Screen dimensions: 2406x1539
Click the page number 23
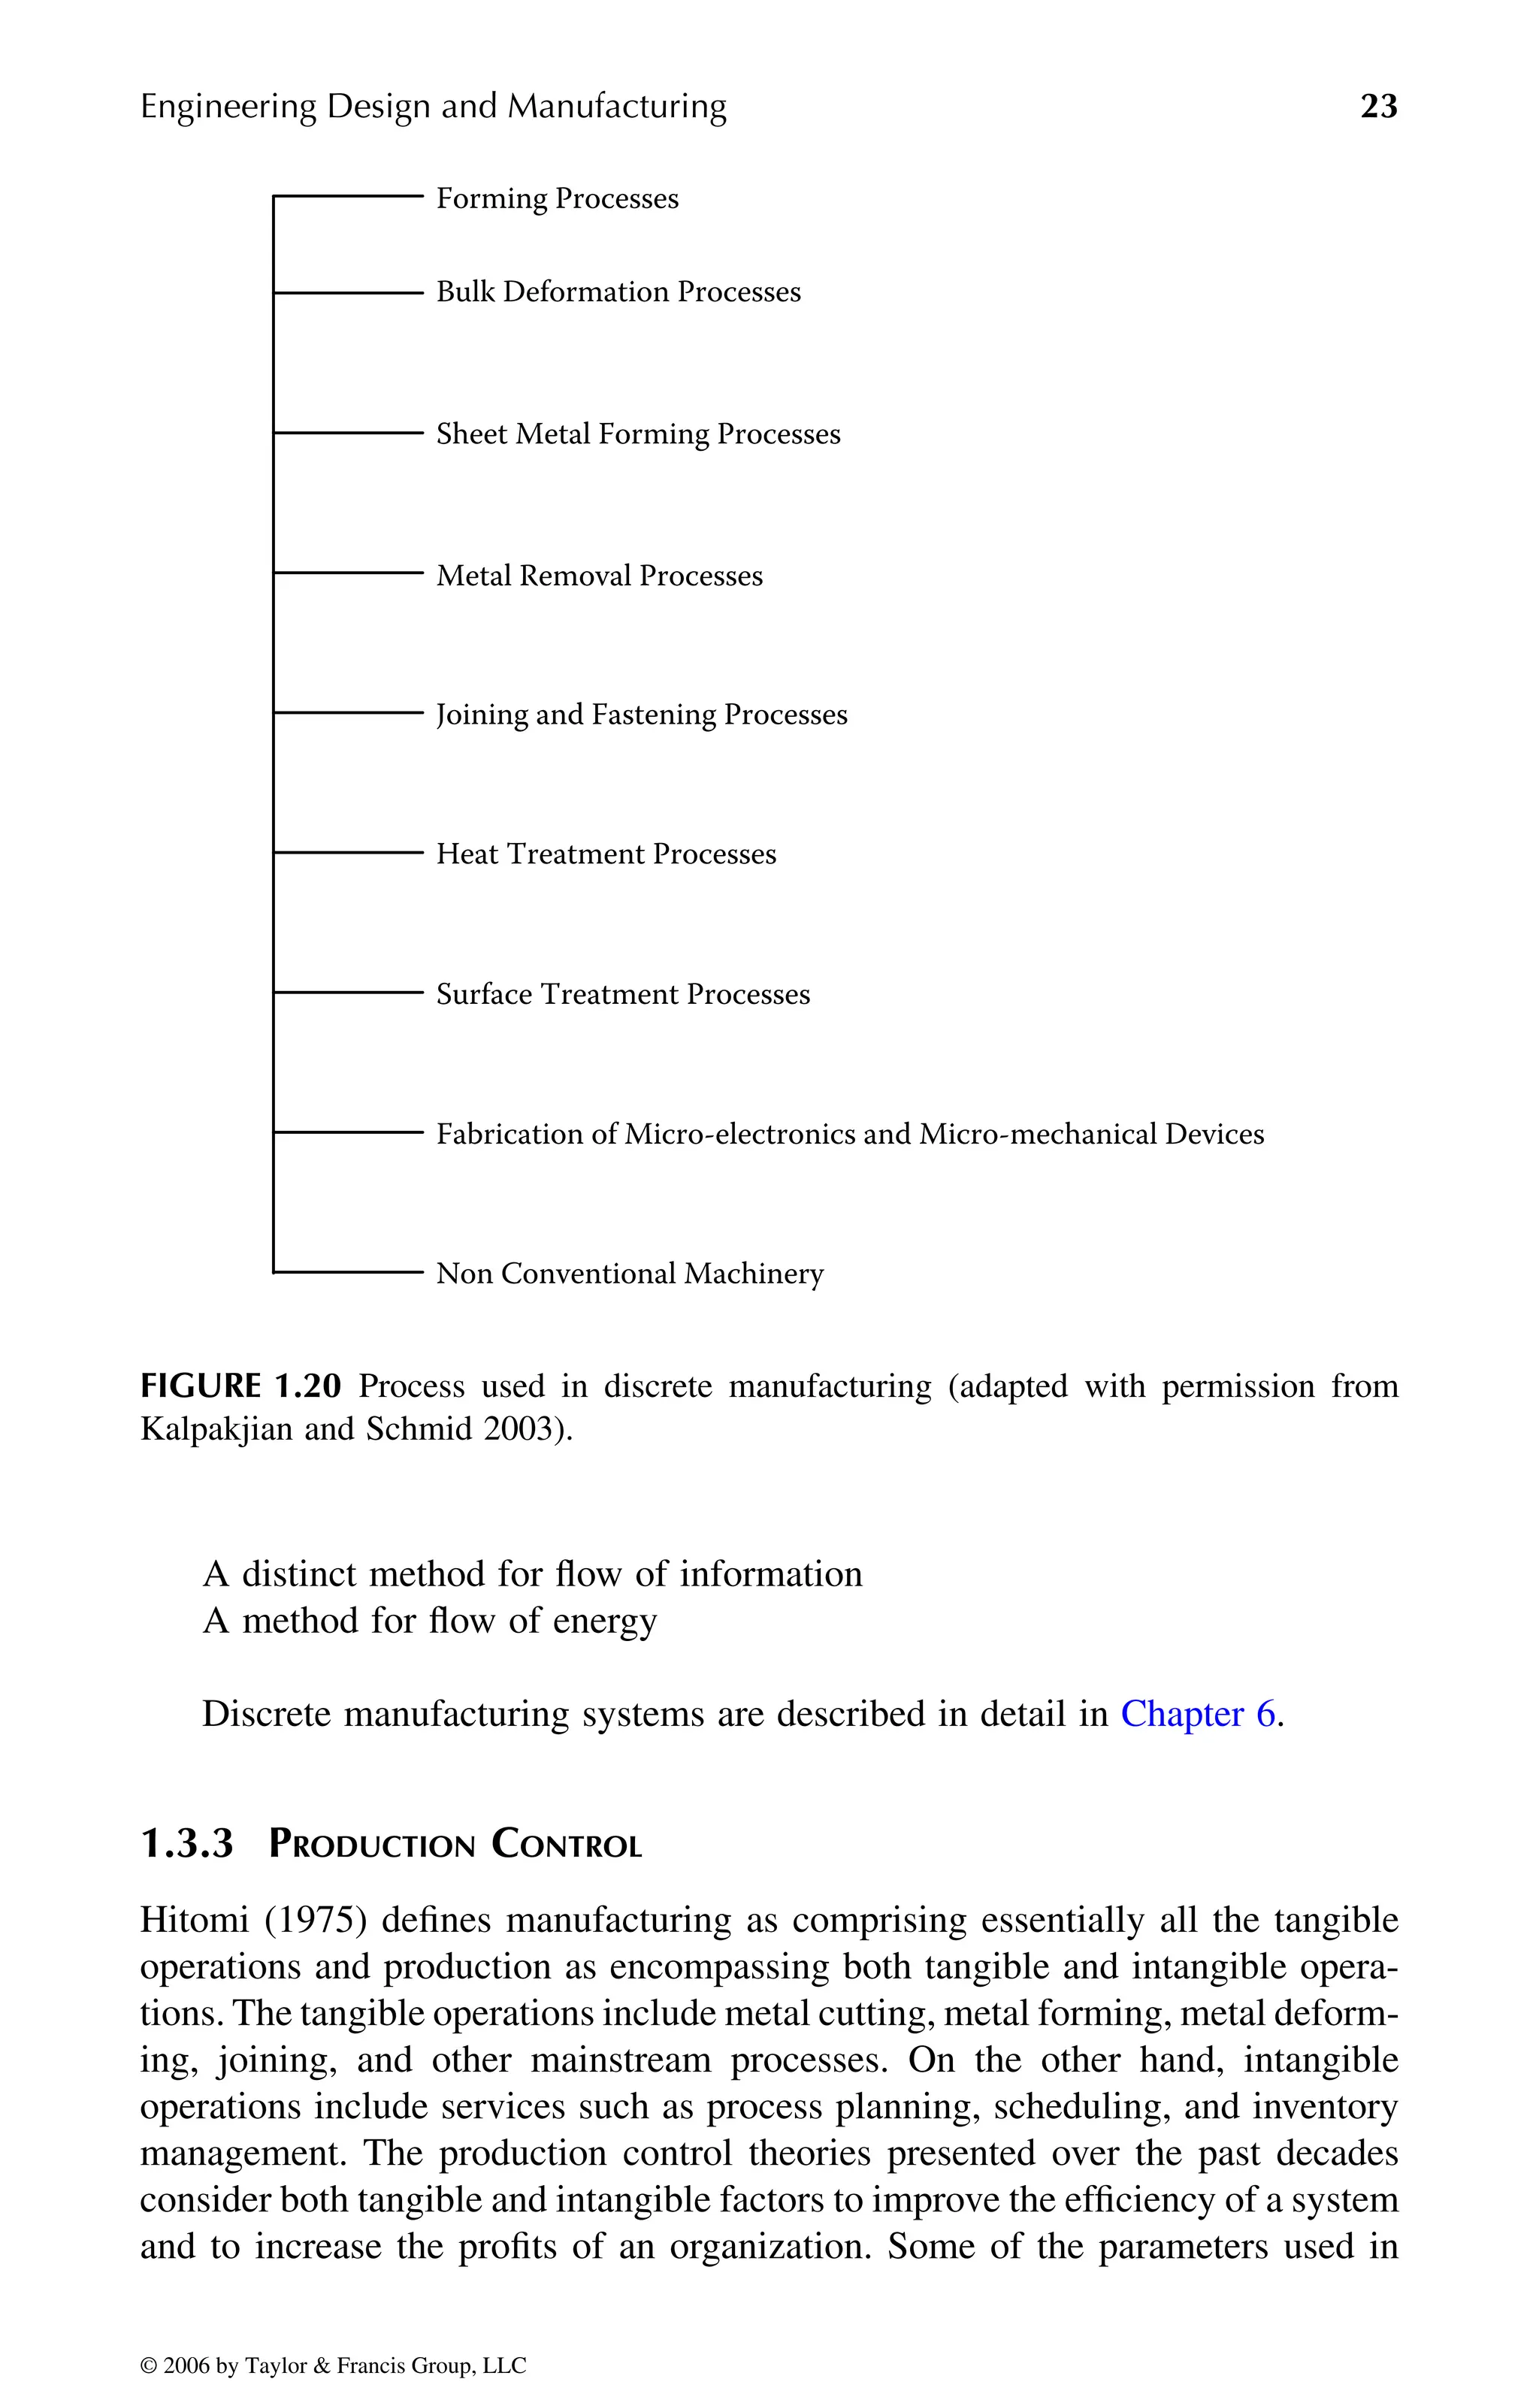point(1378,106)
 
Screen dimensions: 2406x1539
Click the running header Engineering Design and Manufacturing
point(433,106)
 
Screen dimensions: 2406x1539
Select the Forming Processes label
point(557,199)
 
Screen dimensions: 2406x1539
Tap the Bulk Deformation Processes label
point(618,292)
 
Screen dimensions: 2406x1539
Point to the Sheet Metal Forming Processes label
point(637,434)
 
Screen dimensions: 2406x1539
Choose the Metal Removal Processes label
point(599,576)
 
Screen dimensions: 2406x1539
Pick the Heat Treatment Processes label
point(606,854)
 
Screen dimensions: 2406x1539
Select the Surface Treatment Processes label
point(623,994)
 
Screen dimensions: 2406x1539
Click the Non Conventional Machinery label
point(630,1274)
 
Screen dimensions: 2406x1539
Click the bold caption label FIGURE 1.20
point(240,1387)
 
